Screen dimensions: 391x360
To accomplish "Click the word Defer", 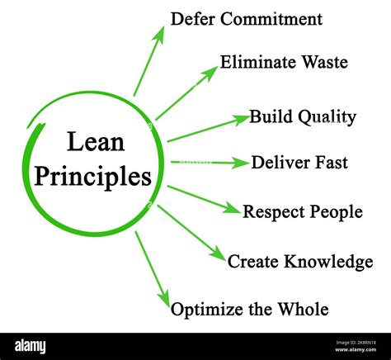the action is [x=192, y=19].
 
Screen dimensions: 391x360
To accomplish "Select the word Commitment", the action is [x=271, y=19].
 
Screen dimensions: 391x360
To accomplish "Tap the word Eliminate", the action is [x=257, y=62].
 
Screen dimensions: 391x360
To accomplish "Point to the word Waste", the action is [x=325, y=62].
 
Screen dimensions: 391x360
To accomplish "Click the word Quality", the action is [x=327, y=117].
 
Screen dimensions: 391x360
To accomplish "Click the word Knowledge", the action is [x=328, y=261].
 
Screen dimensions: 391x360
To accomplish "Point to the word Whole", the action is [x=303, y=309].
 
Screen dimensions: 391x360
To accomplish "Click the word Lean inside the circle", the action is [x=96, y=141].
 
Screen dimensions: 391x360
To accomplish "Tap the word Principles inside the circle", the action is [x=93, y=176].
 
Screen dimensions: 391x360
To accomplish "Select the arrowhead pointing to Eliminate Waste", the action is [x=210, y=73].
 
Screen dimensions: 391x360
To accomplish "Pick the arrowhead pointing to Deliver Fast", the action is [x=239, y=163].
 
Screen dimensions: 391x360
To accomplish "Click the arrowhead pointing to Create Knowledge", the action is [x=219, y=253].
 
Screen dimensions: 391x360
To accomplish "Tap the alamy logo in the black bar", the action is [x=31, y=347].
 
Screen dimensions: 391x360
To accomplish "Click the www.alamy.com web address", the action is [x=356, y=349].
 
